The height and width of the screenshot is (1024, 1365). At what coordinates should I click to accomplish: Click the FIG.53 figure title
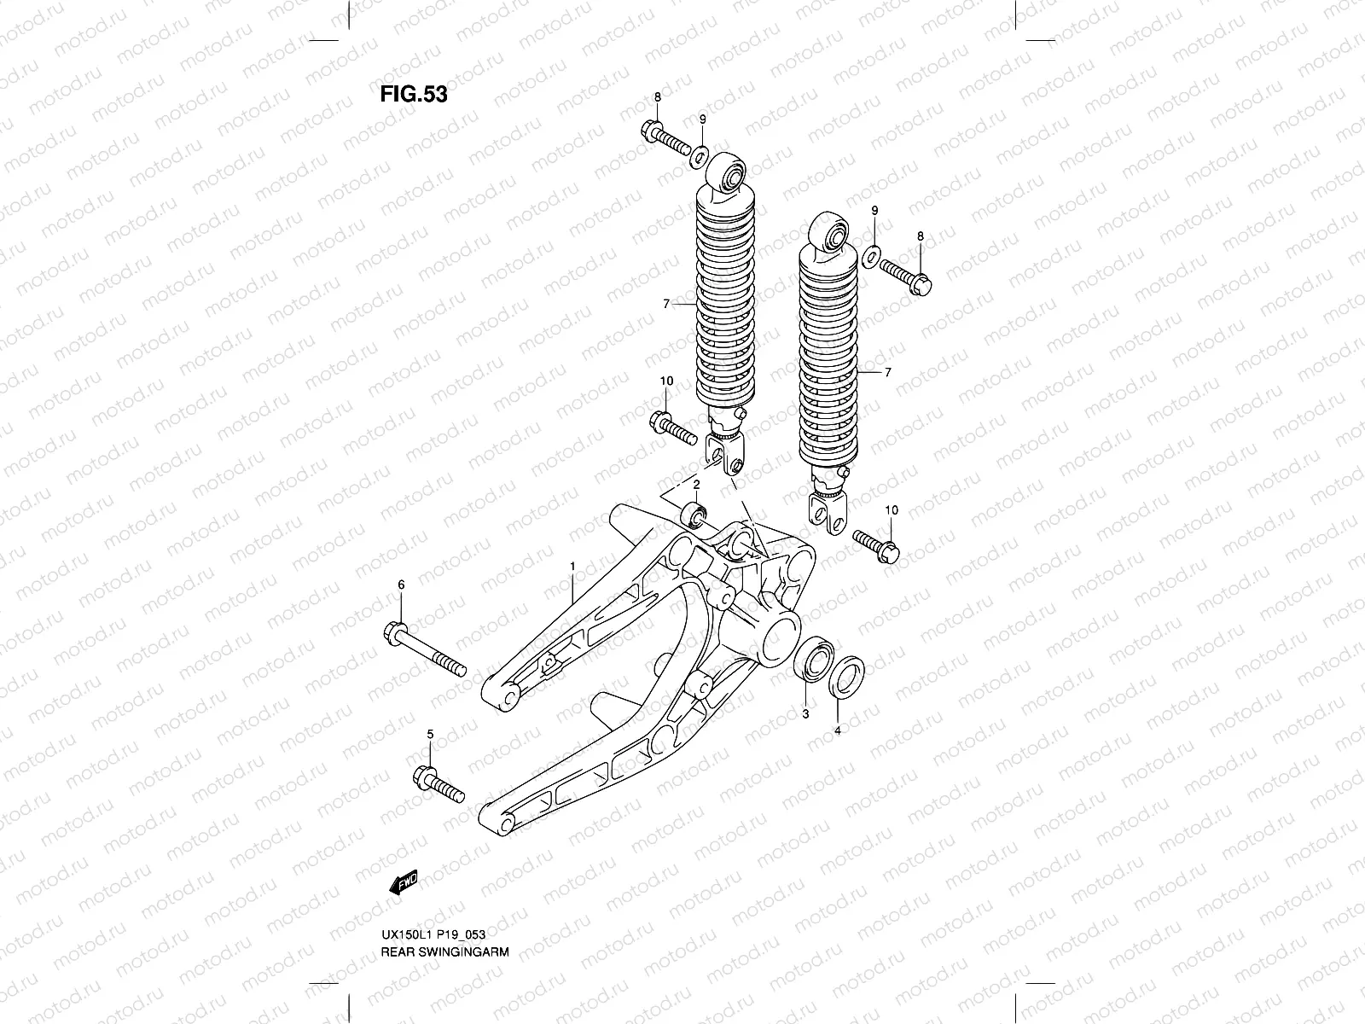(x=414, y=94)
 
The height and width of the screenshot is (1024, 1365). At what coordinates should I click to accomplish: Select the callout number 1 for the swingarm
(x=572, y=566)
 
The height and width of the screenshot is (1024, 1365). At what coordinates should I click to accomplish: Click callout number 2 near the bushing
(x=696, y=485)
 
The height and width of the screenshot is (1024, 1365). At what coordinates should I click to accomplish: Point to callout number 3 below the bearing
(x=804, y=713)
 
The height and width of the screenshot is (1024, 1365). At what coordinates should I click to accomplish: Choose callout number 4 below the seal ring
(x=837, y=730)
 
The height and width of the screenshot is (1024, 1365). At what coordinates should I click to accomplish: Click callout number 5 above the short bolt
(x=430, y=734)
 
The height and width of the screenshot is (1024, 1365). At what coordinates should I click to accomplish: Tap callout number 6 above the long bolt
(x=401, y=584)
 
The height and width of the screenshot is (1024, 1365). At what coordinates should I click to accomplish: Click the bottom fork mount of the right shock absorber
(x=828, y=513)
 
